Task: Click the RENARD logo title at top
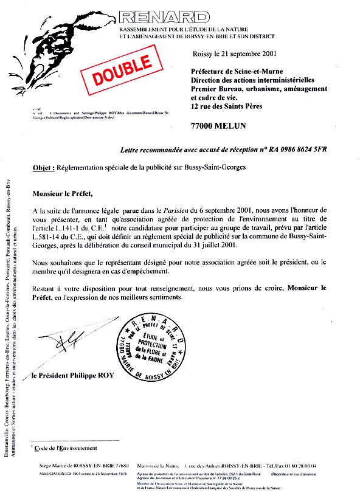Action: (164, 16)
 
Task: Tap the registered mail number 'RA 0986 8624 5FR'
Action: (291, 150)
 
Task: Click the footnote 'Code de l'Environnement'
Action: (66, 448)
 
